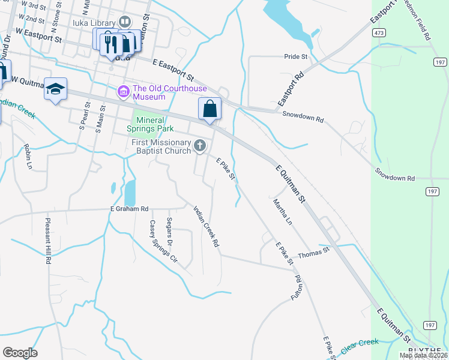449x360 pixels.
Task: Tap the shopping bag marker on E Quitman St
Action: coord(209,109)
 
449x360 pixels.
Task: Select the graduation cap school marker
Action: coord(55,89)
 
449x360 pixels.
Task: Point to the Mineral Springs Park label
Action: coord(150,124)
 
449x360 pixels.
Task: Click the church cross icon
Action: coord(200,146)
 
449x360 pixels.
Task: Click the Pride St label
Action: coord(296,56)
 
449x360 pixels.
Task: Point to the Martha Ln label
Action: coord(282,212)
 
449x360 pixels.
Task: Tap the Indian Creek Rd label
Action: coord(205,227)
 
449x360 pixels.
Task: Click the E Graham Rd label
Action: coord(128,209)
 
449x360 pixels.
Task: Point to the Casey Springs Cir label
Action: coord(163,242)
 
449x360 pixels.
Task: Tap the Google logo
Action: coord(20,353)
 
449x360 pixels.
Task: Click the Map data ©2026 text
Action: coord(423,355)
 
